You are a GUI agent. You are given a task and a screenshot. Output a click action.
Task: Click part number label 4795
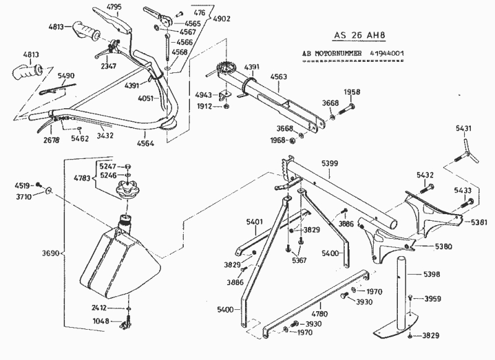tap(114, 7)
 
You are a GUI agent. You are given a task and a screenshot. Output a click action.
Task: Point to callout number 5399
tap(330, 163)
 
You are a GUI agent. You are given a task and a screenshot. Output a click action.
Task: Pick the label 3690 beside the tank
tap(53, 254)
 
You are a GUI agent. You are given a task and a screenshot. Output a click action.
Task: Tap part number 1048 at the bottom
tap(100, 321)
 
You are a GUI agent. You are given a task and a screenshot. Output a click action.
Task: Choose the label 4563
tap(279, 77)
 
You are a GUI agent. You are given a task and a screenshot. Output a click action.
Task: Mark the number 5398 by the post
tap(432, 274)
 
